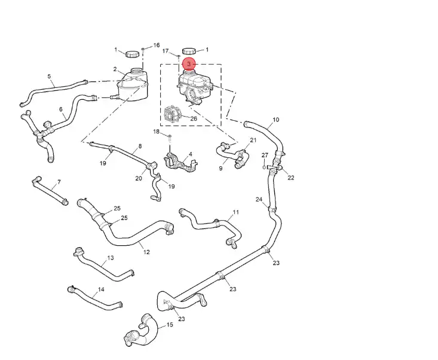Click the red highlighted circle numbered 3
189,63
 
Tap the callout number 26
193,118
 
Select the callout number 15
170,325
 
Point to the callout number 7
59,182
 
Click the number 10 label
275,120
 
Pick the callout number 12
146,252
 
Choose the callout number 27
264,155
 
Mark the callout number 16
157,45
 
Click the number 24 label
259,199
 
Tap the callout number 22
290,178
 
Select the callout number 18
156,132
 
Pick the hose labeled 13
102,269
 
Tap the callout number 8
140,146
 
